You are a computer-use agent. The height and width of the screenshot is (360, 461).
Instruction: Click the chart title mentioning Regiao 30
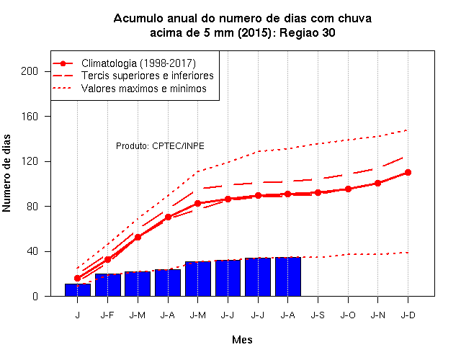(243, 26)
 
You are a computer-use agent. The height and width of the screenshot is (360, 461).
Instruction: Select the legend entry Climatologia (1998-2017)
(138, 63)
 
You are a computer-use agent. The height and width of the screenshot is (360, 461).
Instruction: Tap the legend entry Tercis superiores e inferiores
(147, 76)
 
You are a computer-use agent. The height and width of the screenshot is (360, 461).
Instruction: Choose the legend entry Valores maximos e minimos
(144, 89)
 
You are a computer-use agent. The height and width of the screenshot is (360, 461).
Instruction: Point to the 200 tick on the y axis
(30, 71)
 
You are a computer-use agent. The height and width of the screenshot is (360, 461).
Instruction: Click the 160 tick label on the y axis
(30, 117)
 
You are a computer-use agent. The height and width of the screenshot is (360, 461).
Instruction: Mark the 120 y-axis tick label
(30, 161)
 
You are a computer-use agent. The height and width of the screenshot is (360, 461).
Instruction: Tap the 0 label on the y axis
(35, 296)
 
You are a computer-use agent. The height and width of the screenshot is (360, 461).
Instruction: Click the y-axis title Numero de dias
(6, 173)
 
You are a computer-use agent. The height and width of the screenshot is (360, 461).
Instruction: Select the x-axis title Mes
(242, 340)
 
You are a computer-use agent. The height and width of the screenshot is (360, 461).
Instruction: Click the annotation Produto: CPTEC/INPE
(160, 145)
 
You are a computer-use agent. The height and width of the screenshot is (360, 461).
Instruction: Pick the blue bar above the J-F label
(108, 285)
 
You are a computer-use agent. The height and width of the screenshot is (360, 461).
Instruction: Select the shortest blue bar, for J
(78, 290)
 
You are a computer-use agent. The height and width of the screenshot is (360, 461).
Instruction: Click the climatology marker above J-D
(408, 173)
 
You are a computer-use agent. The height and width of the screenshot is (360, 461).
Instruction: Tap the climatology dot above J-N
(377, 183)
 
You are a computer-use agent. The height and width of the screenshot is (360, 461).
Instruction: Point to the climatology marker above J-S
(318, 192)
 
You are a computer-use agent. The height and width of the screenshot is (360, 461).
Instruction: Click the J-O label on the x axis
(348, 315)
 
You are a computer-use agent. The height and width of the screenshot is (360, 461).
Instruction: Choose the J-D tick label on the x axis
(408, 315)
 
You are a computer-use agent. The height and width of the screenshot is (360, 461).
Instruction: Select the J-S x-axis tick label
(318, 315)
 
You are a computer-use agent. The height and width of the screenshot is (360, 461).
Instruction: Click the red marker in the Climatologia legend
(63, 63)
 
